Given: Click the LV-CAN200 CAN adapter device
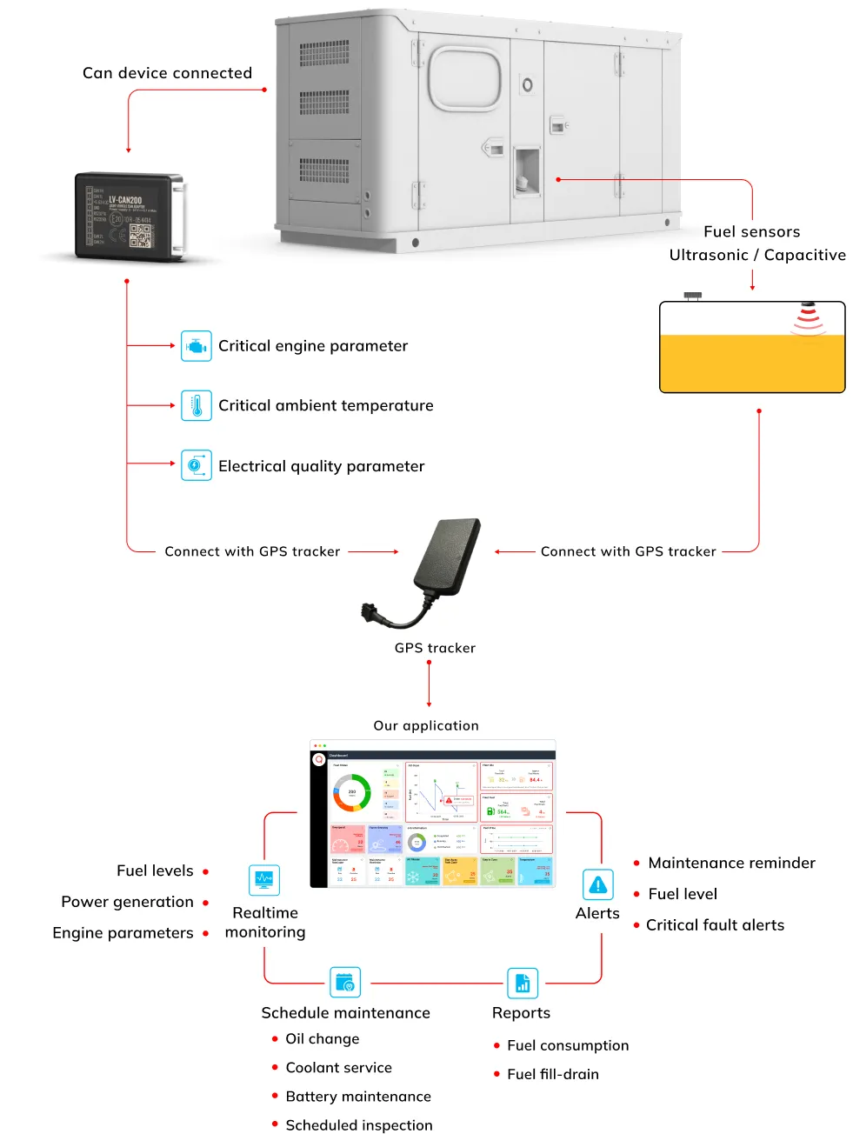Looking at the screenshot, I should pyautogui.click(x=130, y=216).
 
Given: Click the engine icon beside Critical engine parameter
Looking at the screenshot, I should pyautogui.click(x=197, y=346).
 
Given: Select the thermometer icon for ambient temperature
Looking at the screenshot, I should pyautogui.click(x=197, y=406).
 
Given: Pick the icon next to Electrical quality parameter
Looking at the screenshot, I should pyautogui.click(x=197, y=466).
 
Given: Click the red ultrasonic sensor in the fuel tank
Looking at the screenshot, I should pyautogui.click(x=808, y=318).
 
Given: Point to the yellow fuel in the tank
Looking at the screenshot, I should pyautogui.click(x=752, y=364).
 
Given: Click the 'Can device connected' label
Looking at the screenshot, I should pyautogui.click(x=167, y=73).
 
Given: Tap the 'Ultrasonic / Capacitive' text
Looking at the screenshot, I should pyautogui.click(x=757, y=255).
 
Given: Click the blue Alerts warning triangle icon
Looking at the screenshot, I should pyautogui.click(x=598, y=885).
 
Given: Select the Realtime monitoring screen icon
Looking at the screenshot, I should pyautogui.click(x=264, y=880).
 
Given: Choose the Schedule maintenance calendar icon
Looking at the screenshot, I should pyautogui.click(x=345, y=983).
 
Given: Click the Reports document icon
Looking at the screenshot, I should pyautogui.click(x=523, y=984).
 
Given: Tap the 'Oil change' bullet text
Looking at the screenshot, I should pyautogui.click(x=322, y=1038).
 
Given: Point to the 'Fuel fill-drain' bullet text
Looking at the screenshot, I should pyautogui.click(x=553, y=1074).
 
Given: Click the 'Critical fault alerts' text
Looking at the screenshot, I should pyautogui.click(x=715, y=925).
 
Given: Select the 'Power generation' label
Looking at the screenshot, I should pyautogui.click(x=127, y=902).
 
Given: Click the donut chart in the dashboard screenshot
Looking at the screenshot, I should pyautogui.click(x=352, y=792).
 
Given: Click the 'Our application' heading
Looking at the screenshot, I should pyautogui.click(x=426, y=725).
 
